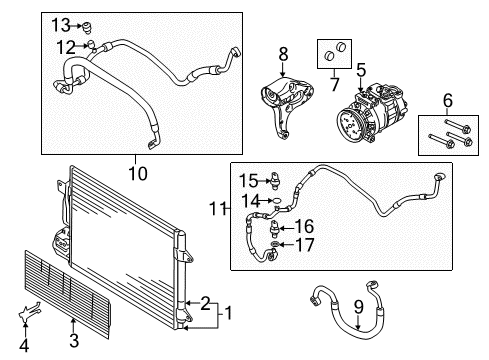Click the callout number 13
(61, 25)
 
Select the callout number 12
(66, 47)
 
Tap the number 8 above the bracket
(283, 54)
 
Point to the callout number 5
(361, 70)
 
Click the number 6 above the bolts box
(448, 100)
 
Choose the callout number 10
(138, 173)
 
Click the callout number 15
(249, 181)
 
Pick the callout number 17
(305, 245)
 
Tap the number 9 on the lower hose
(358, 307)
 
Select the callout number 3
(74, 340)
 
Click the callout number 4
(24, 346)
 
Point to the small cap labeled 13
(87, 28)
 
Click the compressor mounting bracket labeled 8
(286, 106)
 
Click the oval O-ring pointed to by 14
(277, 201)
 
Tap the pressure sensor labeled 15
(275, 180)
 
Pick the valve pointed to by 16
(273, 228)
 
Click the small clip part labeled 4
(28, 312)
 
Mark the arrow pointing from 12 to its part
(82, 46)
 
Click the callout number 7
(334, 84)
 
